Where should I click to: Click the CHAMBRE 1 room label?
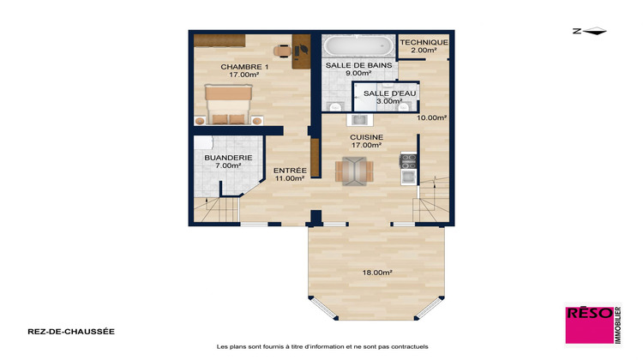244,67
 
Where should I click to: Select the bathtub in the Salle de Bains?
358,45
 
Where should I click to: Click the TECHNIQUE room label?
424,42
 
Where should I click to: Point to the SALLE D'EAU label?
382,93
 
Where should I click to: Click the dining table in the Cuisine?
353,171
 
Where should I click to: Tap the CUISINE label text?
366,137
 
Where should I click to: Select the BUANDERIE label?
227,158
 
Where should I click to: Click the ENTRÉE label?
290,171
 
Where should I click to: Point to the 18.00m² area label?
377,273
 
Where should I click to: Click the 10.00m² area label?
432,117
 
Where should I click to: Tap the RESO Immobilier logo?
592,326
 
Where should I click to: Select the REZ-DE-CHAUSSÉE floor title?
59,331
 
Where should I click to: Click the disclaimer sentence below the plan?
321,347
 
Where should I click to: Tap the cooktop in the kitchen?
408,159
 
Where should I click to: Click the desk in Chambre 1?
301,51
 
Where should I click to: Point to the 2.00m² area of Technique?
424,51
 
